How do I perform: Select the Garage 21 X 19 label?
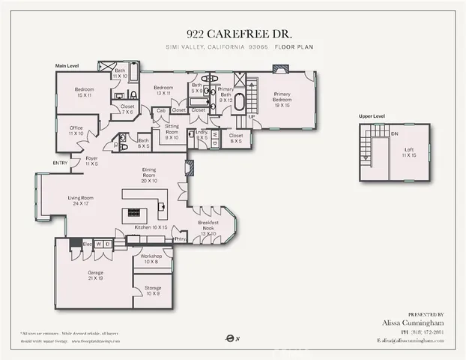(x=94, y=274)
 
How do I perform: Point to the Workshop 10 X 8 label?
(x=152, y=259)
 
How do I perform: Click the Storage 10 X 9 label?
(x=153, y=290)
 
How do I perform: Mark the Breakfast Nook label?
(x=209, y=226)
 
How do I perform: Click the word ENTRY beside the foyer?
(x=60, y=163)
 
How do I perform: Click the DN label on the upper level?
(x=395, y=133)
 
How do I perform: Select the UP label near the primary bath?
(x=252, y=118)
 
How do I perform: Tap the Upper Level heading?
(x=372, y=117)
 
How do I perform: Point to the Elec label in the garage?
(x=87, y=244)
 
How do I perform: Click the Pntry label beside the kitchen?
(x=180, y=239)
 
